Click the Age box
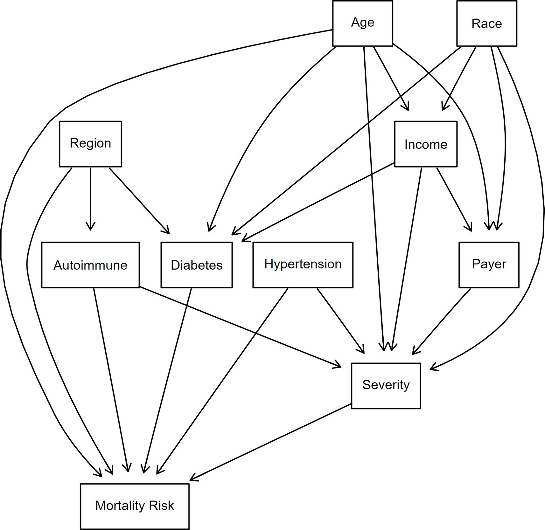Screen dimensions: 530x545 [362, 23]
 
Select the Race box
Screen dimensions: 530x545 [486, 23]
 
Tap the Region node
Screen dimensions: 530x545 [90, 144]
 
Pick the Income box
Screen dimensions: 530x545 [425, 144]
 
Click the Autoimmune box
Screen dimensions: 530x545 [90, 265]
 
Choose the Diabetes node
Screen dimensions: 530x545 [196, 265]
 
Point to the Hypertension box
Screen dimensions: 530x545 [303, 265]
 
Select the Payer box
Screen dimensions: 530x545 [489, 265]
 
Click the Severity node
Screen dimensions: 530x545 [386, 385]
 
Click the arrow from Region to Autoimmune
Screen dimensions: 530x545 [90, 197]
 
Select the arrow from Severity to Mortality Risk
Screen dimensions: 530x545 [270, 442]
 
